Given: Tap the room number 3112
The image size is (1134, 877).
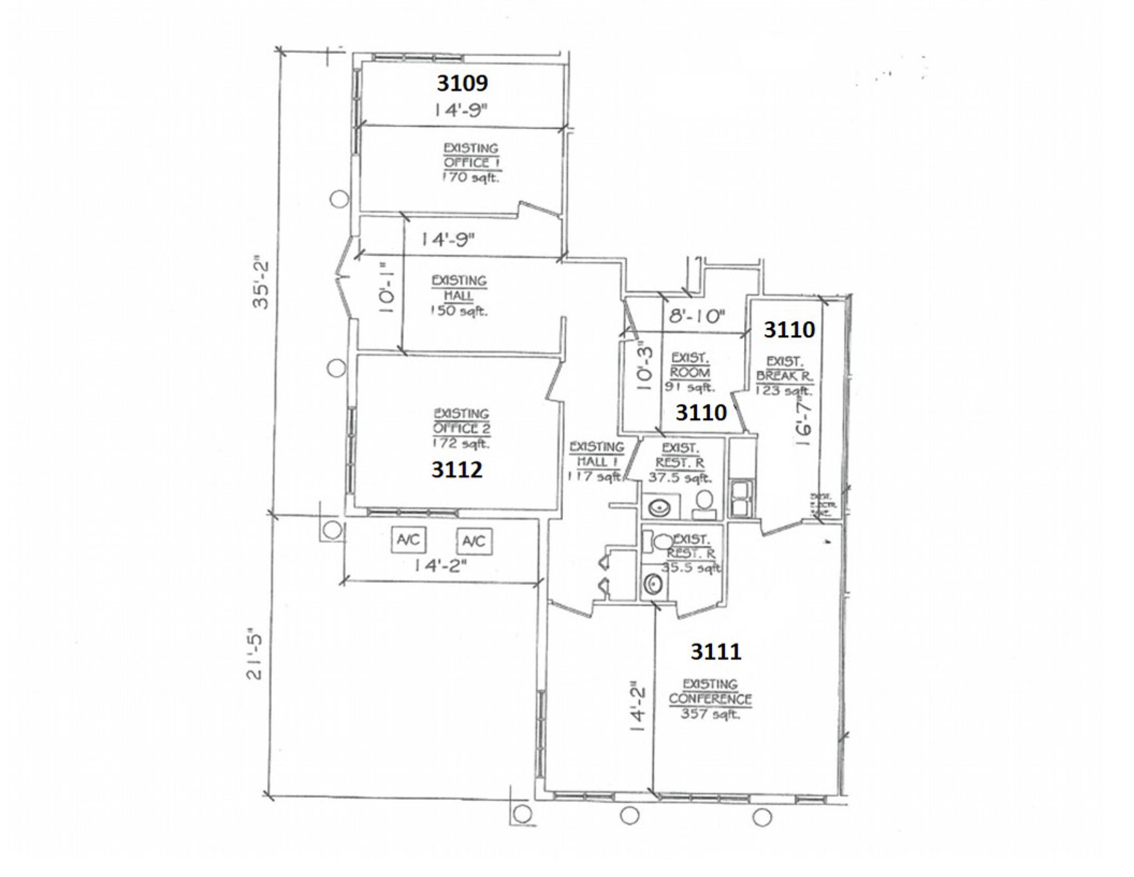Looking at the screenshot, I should click(x=457, y=470).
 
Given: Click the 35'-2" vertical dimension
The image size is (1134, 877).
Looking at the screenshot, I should click(x=262, y=284).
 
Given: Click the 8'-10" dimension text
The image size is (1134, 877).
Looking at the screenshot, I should click(x=696, y=317).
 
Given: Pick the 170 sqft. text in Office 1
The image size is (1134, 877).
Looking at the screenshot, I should click(x=473, y=178).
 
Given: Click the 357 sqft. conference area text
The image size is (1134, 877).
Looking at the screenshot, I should click(x=710, y=714).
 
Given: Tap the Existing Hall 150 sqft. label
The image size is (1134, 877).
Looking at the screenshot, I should click(x=459, y=296).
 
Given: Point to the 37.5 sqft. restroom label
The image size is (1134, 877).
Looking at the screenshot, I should click(x=680, y=477).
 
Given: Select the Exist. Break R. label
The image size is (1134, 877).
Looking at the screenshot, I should click(x=785, y=368).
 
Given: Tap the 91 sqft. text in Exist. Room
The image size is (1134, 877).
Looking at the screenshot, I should click(x=690, y=387).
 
